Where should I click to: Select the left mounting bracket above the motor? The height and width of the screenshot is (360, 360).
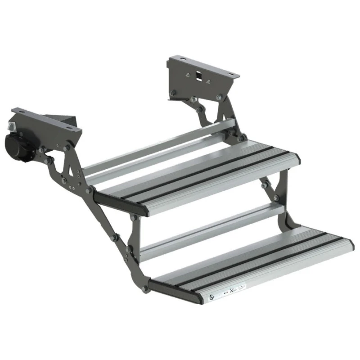47,119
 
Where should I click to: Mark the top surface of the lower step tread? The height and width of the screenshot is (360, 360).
252,261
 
